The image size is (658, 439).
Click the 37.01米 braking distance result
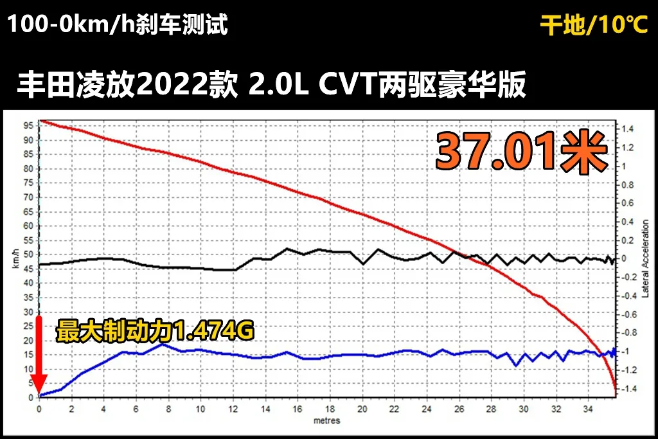tap(522, 152)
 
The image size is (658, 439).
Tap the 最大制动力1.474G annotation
tap(155, 332)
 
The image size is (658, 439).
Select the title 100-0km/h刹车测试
tap(118, 24)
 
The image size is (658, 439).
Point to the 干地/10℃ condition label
tap(594, 24)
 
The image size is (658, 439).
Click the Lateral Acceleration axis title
tap(645, 259)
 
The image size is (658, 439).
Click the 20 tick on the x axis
tap(362, 409)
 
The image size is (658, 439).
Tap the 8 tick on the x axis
tap(168, 409)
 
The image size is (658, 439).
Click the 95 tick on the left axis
tap(28, 126)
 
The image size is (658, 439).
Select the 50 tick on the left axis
tap(28, 255)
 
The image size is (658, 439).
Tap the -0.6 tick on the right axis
tap(628, 314)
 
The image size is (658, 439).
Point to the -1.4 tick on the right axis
tap(628, 389)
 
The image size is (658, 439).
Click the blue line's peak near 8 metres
tap(163, 344)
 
